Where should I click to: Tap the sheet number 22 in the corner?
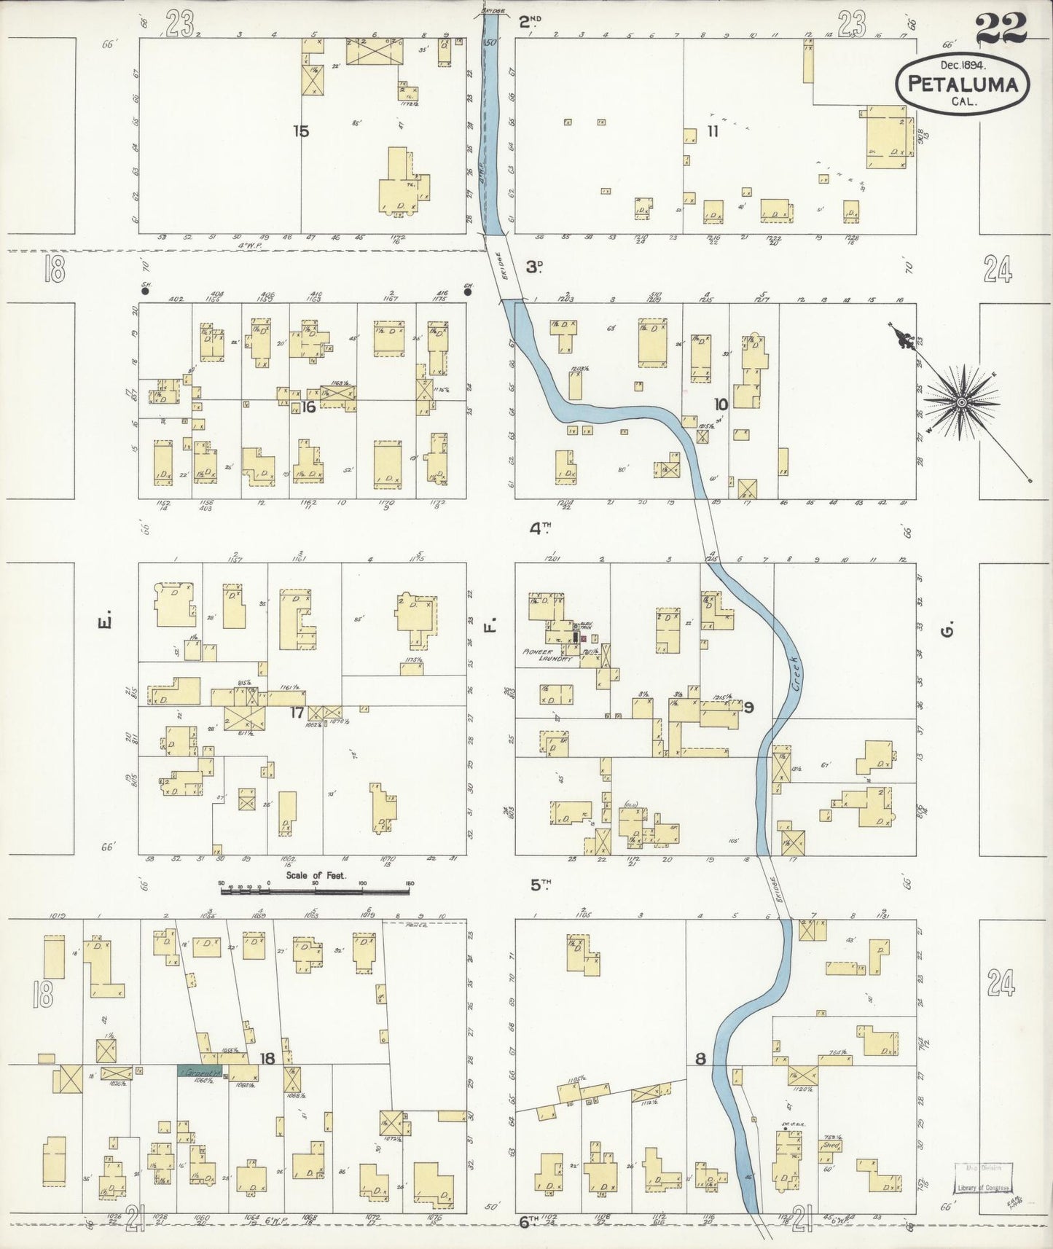(1001, 29)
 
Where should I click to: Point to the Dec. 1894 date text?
(962, 65)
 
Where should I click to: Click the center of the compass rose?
(961, 402)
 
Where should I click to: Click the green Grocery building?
(200, 1073)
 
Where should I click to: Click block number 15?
(301, 131)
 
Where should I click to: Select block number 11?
(712, 131)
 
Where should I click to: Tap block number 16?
(308, 407)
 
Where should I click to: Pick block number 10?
(720, 404)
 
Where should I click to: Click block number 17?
(297, 712)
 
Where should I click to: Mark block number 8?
(700, 1060)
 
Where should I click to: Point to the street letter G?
(947, 630)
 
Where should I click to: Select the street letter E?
(104, 623)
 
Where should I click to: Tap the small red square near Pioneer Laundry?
(583, 638)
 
